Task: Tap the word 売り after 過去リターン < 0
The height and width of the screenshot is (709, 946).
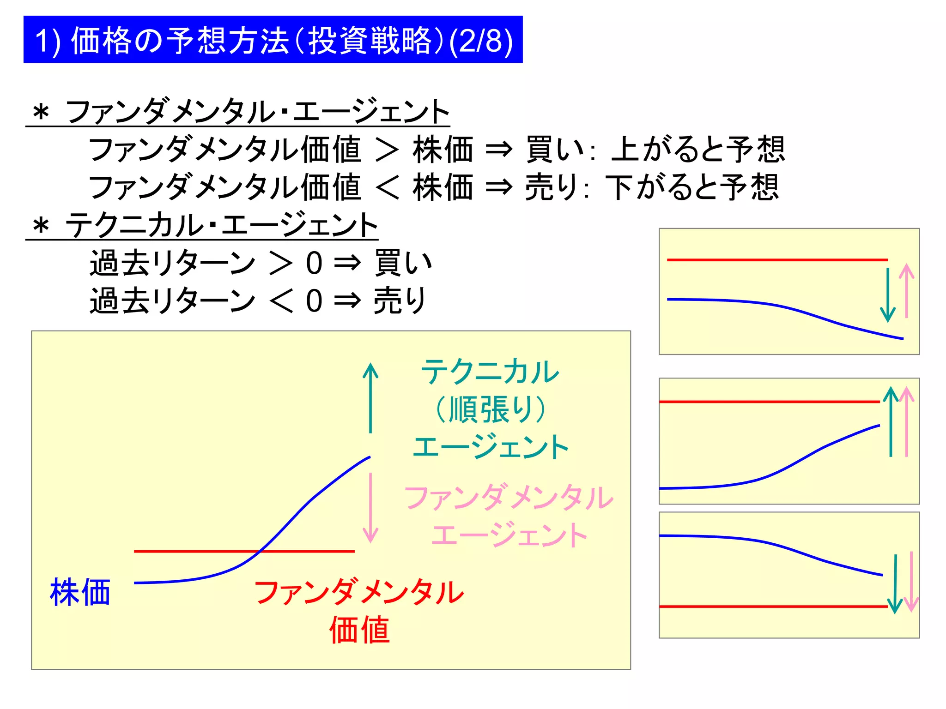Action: tap(400, 300)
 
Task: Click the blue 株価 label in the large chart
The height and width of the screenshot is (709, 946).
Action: tap(80, 592)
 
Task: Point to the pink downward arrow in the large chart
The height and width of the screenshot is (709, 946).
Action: tap(370, 508)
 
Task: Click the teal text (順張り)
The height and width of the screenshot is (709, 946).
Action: tap(491, 409)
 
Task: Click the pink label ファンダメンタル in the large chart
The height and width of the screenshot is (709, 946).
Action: tap(509, 498)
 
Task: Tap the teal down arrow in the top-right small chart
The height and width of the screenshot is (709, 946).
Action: tap(888, 295)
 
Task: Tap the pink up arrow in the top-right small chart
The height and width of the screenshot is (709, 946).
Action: tap(906, 291)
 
